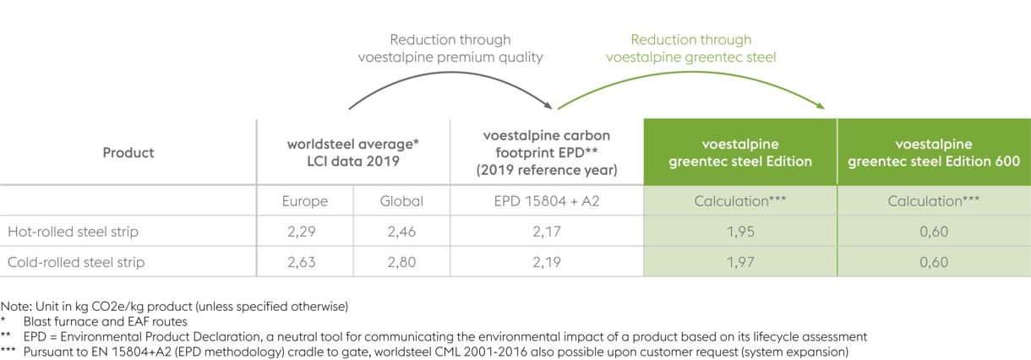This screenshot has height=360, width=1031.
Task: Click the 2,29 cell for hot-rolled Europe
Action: (304, 232)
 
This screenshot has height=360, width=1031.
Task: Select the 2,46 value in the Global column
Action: (401, 232)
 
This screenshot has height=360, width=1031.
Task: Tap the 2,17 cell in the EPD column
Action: (546, 232)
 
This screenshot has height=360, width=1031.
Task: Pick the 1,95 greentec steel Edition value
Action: (740, 232)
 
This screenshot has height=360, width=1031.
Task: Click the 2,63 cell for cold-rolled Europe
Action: (304, 262)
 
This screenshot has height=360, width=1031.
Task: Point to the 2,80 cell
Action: (401, 262)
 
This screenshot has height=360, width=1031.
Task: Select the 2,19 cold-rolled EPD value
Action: (546, 262)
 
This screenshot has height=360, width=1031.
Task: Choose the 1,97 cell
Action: (740, 262)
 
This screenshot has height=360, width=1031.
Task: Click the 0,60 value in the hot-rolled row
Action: (934, 232)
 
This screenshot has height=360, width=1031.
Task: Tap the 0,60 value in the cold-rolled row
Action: (934, 262)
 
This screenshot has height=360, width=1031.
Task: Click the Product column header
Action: (128, 153)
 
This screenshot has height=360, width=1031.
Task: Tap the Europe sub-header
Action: (304, 201)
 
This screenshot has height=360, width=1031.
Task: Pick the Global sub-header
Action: (401, 201)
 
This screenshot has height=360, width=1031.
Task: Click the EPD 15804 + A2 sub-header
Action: (546, 201)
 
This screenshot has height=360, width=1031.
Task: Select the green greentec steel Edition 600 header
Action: (934, 153)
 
